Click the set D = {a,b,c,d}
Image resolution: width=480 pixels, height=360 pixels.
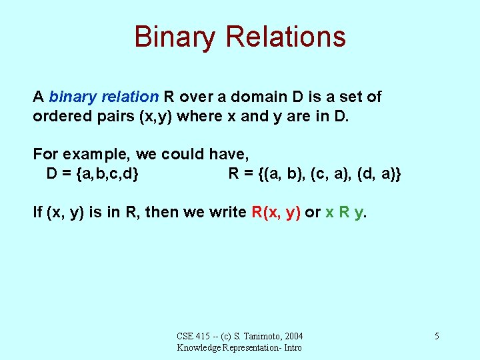pos(93,174)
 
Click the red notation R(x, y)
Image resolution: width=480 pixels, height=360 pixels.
pos(276,213)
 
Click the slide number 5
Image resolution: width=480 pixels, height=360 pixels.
pos(436,336)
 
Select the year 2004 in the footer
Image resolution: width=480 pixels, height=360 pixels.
pos(292,336)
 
